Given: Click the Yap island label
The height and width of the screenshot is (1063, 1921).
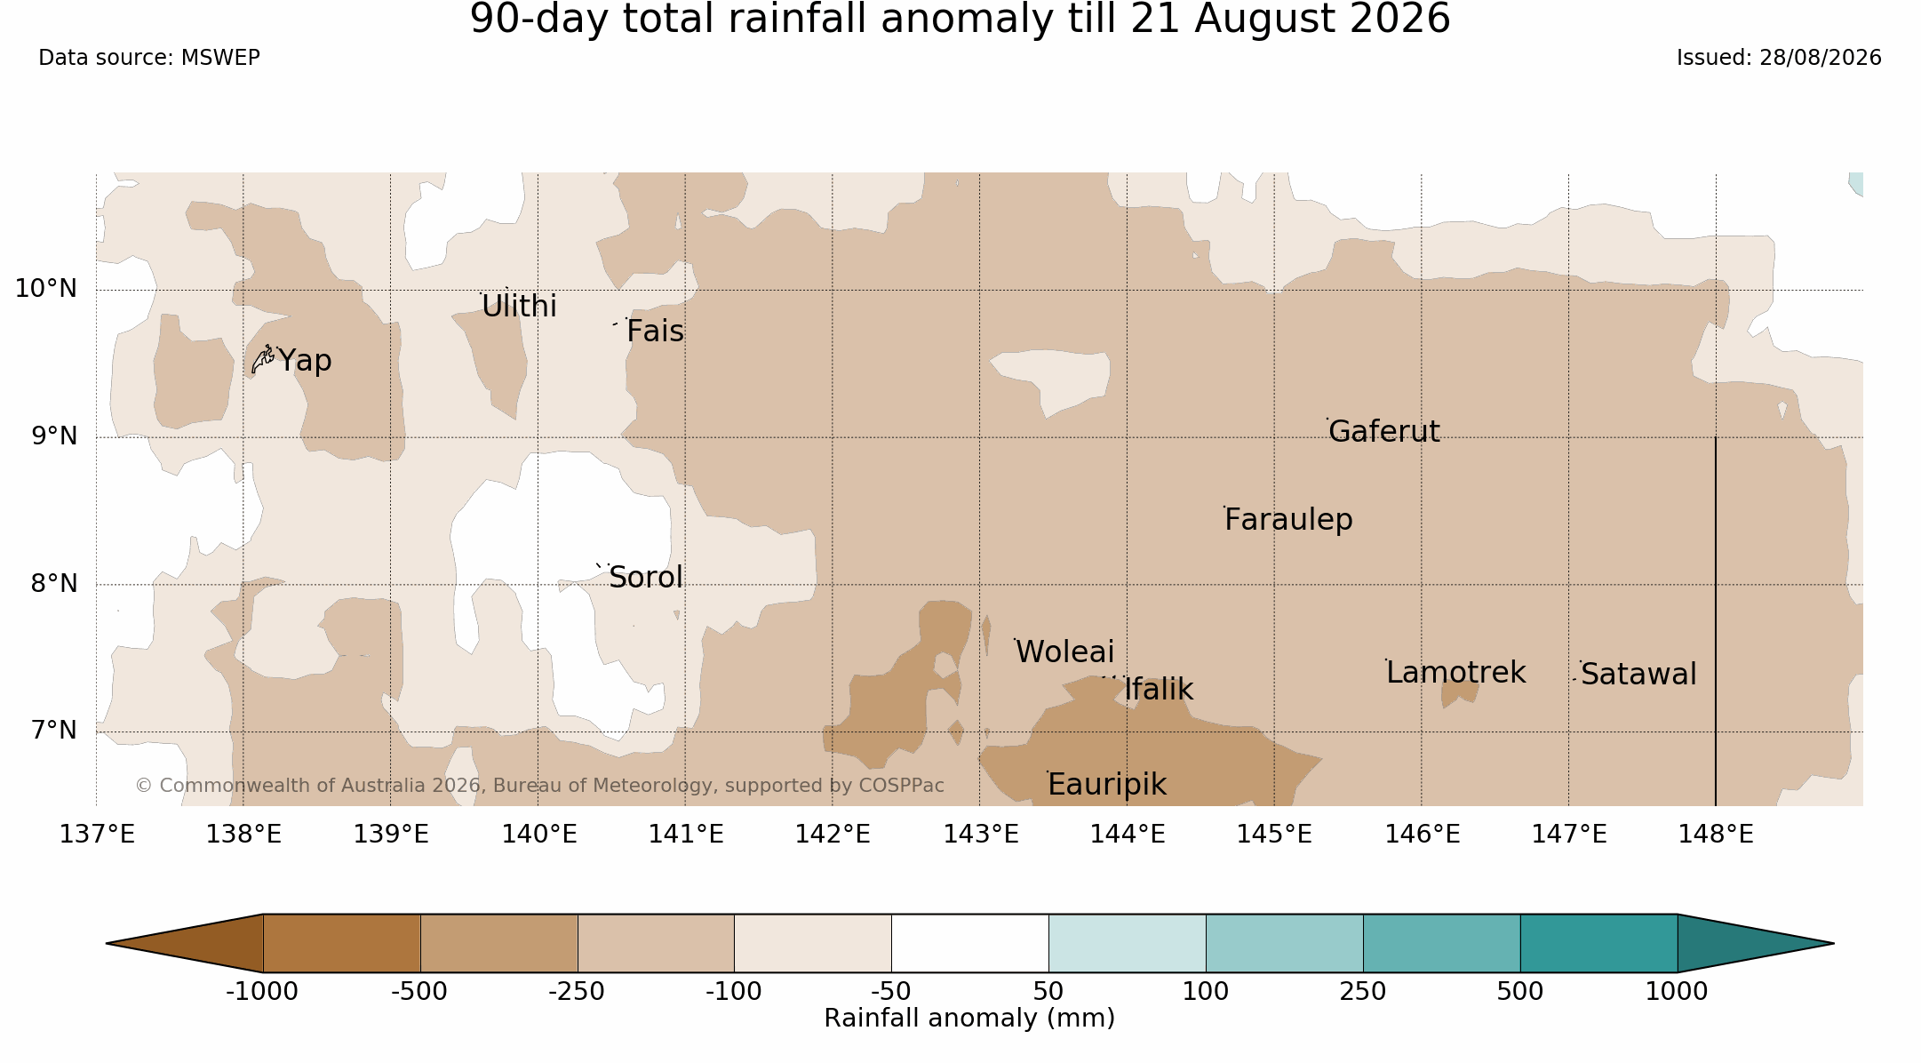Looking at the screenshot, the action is (305, 361).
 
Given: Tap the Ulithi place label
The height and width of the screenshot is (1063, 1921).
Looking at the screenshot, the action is (519, 307).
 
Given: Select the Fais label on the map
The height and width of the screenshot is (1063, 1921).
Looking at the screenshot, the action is (655, 332).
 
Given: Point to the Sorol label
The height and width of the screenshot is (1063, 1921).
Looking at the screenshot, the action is (646, 578).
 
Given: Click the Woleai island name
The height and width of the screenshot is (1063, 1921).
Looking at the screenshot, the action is (1064, 652).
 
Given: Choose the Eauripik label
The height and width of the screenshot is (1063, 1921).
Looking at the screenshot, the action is (1107, 785).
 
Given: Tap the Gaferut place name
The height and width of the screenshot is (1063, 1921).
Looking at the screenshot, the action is (1384, 432).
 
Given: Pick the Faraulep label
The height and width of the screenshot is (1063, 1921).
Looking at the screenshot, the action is (1288, 520).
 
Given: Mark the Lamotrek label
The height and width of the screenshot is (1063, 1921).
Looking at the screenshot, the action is (1455, 673).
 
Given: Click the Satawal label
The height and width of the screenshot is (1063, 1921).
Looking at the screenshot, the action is (1638, 675).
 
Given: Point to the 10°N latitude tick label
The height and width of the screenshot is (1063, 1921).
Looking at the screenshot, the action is (46, 289).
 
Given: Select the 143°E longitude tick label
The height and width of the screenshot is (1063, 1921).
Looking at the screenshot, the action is (980, 835).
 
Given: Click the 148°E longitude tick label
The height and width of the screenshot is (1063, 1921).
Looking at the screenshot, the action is (1716, 835).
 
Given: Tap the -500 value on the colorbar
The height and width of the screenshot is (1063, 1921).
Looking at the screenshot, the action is (419, 991).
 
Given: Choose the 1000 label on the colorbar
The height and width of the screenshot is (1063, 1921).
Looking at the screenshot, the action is (1677, 991).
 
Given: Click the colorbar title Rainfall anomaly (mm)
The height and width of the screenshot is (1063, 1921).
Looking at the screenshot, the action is (969, 1019).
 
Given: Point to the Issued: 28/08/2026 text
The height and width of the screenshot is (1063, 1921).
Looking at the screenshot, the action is (1779, 58).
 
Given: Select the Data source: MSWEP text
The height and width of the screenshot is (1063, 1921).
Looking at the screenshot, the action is (149, 58).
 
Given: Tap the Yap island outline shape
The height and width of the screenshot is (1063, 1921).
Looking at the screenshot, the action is (263, 359).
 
